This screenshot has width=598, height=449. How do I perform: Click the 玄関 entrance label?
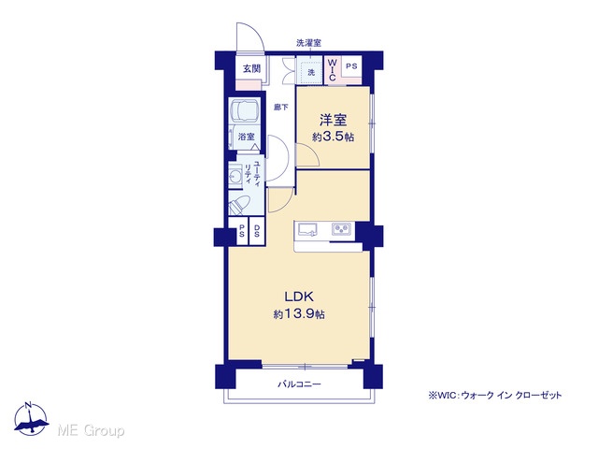tap(251, 68)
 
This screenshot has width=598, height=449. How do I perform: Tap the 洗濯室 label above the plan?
tap(309, 43)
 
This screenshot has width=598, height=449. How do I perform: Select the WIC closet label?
tap(333, 69)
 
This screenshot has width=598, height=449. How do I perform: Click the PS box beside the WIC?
tap(351, 66)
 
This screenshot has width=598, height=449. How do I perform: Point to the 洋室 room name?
tap(333, 121)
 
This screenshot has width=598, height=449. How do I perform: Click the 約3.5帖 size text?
tap(333, 137)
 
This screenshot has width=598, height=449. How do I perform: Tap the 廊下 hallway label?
tap(281, 108)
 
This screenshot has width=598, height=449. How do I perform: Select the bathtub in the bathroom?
tap(245, 110)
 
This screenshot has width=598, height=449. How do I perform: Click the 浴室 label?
tap(247, 137)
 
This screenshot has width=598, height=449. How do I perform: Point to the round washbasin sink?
tap(235, 176)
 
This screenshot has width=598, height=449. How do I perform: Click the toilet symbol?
tap(239, 206)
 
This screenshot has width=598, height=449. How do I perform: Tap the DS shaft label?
tap(257, 231)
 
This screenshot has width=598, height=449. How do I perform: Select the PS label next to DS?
tap(241, 231)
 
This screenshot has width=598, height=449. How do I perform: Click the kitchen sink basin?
tap(307, 229)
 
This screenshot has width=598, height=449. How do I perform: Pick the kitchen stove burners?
tap(341, 229)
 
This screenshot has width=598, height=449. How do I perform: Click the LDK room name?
tap(299, 297)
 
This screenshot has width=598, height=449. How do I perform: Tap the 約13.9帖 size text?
tap(299, 314)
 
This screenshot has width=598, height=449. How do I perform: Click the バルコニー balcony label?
tap(299, 384)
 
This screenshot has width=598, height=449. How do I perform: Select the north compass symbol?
tap(31, 418)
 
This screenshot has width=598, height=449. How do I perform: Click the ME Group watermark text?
tap(91, 430)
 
